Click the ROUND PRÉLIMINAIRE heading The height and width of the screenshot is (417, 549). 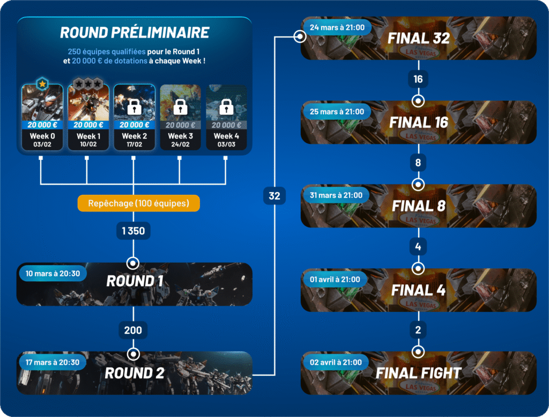click(134, 33)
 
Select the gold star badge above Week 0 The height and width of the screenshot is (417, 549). click(42, 84)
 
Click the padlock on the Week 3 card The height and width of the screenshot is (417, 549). click(180, 106)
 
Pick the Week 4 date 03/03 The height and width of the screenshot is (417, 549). click(226, 144)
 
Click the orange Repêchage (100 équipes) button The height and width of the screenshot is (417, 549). click(138, 203)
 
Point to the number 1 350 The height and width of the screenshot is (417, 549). click(133, 231)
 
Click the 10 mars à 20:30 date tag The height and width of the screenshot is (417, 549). click(53, 274)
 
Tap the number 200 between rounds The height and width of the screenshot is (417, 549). click(133, 331)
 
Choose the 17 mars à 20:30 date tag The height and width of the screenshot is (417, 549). click(52, 362)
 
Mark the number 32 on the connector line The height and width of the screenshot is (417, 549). click(274, 196)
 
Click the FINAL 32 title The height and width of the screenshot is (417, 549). click(418, 38)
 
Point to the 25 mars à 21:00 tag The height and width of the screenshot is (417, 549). click(337, 112)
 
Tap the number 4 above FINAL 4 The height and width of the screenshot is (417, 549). click(418, 247)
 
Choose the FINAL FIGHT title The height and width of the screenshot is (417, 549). click(419, 373)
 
